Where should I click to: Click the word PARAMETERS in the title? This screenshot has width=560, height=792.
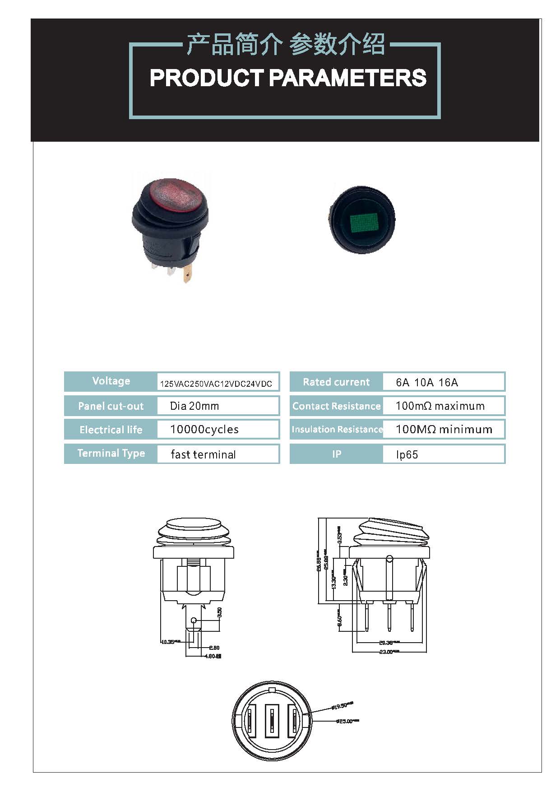tap(347, 78)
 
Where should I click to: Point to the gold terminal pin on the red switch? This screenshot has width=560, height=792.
tap(187, 274)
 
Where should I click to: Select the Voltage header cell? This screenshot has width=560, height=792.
tap(111, 381)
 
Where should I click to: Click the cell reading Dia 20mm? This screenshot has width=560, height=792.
tap(194, 406)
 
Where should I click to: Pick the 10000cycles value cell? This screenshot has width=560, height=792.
tap(204, 430)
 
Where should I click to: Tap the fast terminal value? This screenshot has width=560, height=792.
tap(203, 454)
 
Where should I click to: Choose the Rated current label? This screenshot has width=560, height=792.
tap(336, 382)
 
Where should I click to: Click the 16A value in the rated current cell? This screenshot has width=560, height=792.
tap(448, 383)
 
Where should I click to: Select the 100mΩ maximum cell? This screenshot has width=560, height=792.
tap(440, 406)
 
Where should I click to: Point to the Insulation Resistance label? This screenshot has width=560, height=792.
tap(337, 430)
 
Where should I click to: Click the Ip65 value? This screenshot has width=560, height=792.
tap(407, 455)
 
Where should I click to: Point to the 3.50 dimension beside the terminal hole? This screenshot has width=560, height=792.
tap(220, 612)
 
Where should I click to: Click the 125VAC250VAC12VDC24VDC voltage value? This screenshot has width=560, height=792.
tap(216, 384)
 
